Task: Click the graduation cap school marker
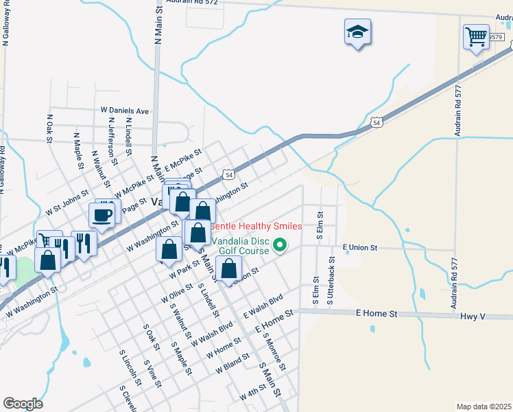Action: click(357, 32)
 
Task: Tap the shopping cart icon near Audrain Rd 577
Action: click(475, 36)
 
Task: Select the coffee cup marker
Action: click(102, 215)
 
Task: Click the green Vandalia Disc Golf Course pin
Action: click(279, 244)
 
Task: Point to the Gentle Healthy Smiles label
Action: click(256, 226)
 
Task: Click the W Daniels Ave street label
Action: click(125, 110)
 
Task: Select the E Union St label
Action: click(361, 247)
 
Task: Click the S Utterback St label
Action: click(331, 282)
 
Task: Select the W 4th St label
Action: click(252, 395)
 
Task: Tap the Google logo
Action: click(23, 403)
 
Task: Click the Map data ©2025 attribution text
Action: click(484, 407)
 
